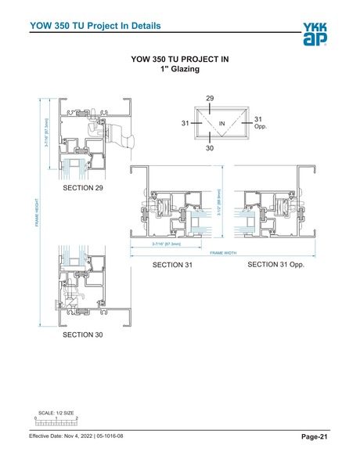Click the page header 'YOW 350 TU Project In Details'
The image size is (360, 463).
point(95,26)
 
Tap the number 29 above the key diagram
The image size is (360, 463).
point(210,98)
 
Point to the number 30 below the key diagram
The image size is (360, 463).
point(210,147)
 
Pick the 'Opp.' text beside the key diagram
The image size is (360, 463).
point(261,126)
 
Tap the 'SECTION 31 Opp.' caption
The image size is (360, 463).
point(275,266)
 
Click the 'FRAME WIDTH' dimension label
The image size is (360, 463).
point(224,253)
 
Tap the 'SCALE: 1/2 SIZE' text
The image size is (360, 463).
point(56,413)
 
